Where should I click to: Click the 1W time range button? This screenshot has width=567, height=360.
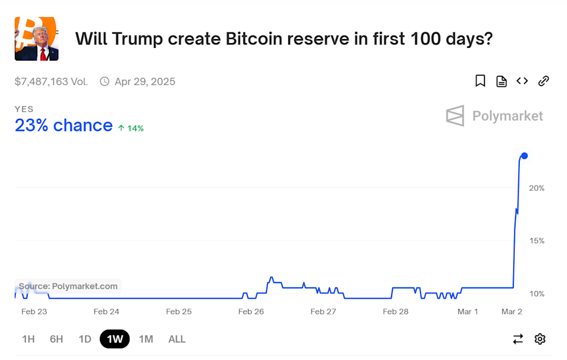[x=115, y=339]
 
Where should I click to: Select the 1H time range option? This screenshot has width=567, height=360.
[x=28, y=339]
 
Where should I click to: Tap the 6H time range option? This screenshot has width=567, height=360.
[x=57, y=339]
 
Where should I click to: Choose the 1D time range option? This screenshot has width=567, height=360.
[x=85, y=339]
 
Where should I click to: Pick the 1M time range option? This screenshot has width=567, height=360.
[x=146, y=339]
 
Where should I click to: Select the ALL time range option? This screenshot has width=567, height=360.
[x=177, y=339]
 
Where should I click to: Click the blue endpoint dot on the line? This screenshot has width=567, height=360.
[x=524, y=155]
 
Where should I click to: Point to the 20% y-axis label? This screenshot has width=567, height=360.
[x=536, y=188]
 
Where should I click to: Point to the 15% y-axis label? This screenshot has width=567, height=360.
[x=536, y=241]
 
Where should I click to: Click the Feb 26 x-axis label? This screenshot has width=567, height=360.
[x=251, y=312]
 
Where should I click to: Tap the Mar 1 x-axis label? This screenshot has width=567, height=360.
[x=468, y=312]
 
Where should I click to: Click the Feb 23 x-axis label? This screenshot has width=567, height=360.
[x=34, y=312]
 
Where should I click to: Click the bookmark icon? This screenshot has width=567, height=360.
[x=480, y=81]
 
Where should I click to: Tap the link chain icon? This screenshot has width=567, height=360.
[x=543, y=81]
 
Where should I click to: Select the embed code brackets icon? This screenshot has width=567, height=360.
[x=522, y=81]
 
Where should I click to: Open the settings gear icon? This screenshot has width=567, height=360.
[x=540, y=339]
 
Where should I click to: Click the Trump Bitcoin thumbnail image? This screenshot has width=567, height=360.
[x=37, y=39]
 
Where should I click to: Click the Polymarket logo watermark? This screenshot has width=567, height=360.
[x=494, y=116]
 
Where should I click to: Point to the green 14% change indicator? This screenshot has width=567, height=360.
[x=131, y=128]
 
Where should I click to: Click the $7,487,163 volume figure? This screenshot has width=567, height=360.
[x=51, y=82]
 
